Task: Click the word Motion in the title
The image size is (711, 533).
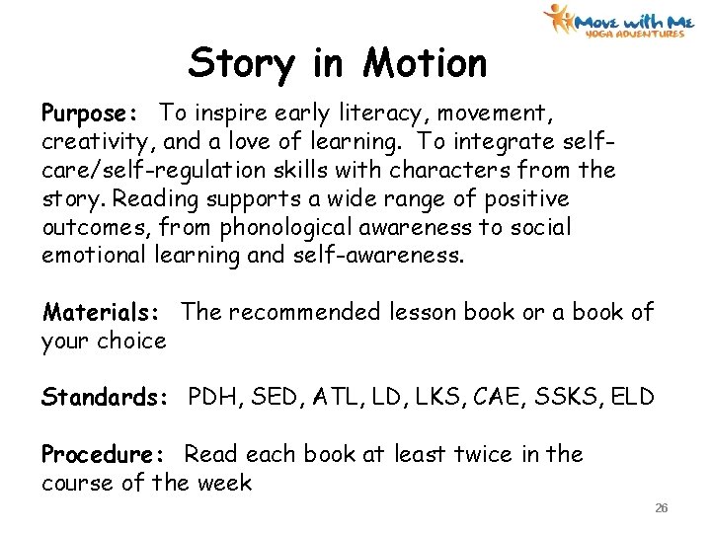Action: click(425, 63)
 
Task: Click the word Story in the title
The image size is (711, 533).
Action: click(241, 64)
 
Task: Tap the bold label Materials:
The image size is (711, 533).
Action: click(102, 313)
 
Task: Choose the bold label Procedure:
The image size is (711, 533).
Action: click(106, 455)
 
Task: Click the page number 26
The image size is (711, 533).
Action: click(662, 508)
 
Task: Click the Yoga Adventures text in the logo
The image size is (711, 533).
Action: click(634, 34)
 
